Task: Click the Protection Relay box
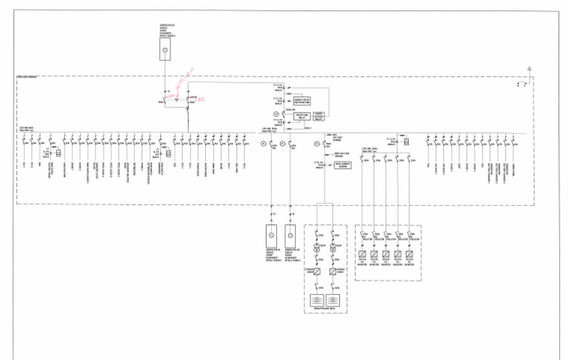click(302, 116)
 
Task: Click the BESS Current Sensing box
click(342, 166)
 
